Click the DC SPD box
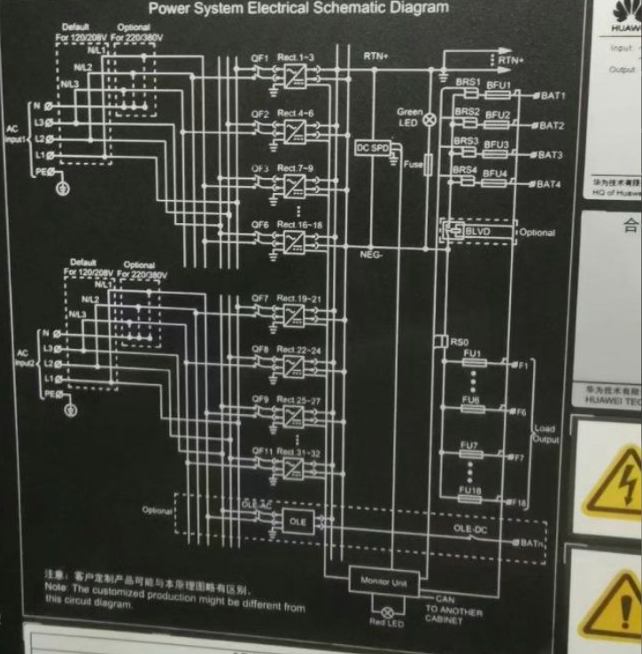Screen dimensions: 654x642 tap(374, 148)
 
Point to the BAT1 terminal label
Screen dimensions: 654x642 tap(551, 96)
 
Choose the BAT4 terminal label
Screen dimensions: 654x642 tap(548, 185)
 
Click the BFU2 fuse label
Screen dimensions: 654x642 tap(498, 115)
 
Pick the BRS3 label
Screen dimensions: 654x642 tap(467, 141)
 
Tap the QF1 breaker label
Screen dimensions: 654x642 tap(259, 58)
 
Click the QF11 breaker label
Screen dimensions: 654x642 tap(259, 451)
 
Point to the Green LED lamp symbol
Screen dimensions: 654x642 tap(431, 119)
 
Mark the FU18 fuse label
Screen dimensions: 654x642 tap(469, 489)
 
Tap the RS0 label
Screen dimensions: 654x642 tap(458, 341)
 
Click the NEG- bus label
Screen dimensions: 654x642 tap(372, 254)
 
